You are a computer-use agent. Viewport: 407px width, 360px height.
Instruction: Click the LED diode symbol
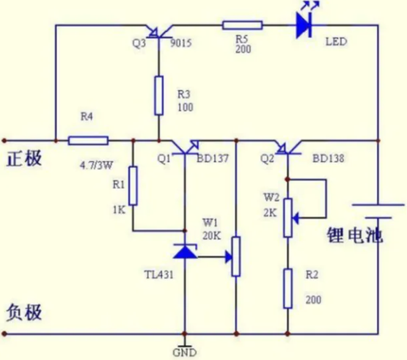(x=304, y=25)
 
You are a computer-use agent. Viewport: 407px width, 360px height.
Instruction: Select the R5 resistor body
(x=243, y=26)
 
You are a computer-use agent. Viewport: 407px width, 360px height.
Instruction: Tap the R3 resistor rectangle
(x=159, y=95)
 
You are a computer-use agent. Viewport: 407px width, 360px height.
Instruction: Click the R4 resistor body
(x=88, y=141)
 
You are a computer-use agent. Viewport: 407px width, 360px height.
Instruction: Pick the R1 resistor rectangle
(x=133, y=185)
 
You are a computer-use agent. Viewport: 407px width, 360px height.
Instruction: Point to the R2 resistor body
(x=287, y=289)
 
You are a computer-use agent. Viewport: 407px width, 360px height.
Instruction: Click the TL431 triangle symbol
(x=185, y=251)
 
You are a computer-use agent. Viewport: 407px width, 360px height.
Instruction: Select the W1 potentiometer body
(x=236, y=257)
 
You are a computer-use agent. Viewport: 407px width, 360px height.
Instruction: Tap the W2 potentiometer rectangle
(x=287, y=218)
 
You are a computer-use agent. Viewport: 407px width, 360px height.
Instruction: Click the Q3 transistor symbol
(x=159, y=32)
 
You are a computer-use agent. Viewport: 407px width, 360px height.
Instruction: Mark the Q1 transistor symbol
(x=185, y=147)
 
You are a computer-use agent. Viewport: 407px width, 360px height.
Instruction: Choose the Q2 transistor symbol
(x=287, y=147)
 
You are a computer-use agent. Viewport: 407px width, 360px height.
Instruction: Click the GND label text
(x=185, y=353)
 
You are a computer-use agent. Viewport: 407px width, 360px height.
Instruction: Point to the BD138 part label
(x=329, y=158)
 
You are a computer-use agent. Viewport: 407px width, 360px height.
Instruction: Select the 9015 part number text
(x=181, y=43)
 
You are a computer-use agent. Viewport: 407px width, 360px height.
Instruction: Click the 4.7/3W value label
(x=96, y=165)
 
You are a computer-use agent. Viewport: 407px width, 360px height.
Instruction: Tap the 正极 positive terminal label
(x=24, y=158)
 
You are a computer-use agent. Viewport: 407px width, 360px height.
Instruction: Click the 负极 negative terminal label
(x=24, y=312)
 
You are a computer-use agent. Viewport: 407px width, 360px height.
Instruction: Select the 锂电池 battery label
(x=355, y=235)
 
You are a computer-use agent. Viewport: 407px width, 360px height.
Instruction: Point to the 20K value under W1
(x=212, y=235)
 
